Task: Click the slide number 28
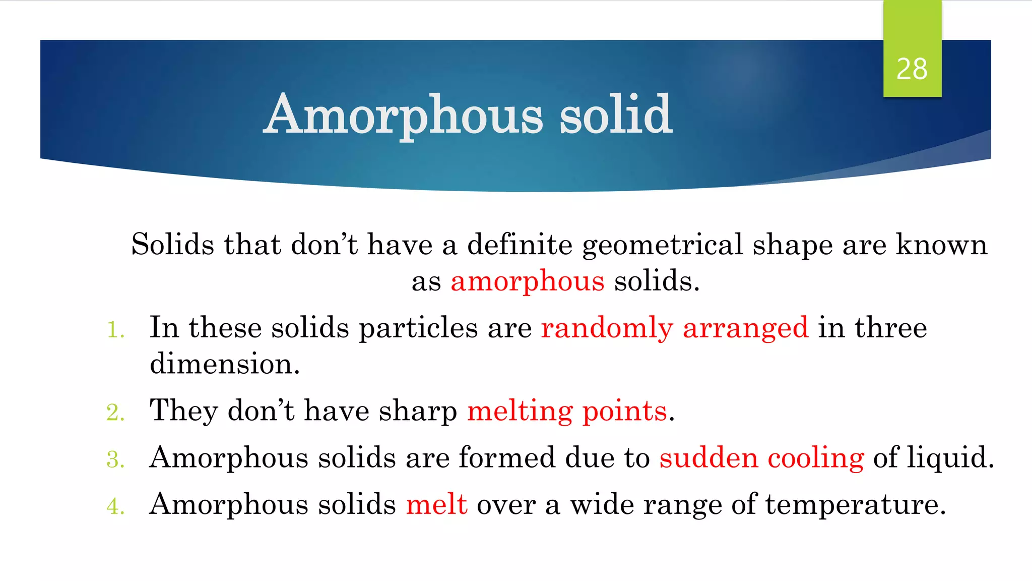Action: coord(912,69)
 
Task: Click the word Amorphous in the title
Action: coord(404,115)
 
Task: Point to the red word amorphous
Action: coord(527,281)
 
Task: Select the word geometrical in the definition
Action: coord(663,245)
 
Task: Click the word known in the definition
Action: coord(941,245)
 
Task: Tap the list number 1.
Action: coord(115,330)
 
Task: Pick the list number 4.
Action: coord(115,506)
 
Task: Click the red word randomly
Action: coord(607,328)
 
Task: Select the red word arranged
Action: coord(745,328)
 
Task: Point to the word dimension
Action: coord(224,364)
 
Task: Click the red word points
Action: coord(625,411)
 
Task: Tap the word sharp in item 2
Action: coord(418,411)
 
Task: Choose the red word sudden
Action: coord(708,458)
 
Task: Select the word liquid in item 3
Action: coord(949,458)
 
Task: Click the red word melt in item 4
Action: coord(436,504)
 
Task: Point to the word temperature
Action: coord(855,504)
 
